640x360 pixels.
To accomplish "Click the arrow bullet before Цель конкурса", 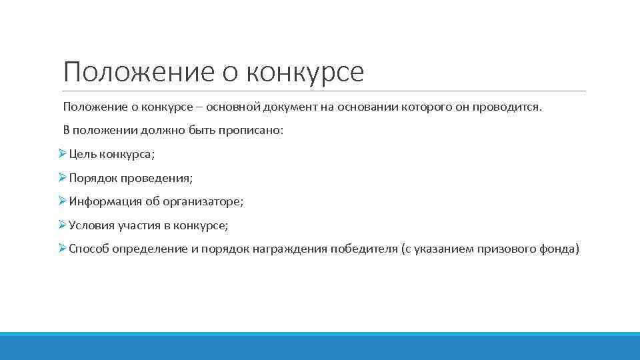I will tap(62, 154).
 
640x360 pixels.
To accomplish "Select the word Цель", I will tap(83, 154).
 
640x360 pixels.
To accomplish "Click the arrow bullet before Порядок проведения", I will tap(62, 178).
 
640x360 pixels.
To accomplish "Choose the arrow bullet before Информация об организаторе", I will tap(62, 201).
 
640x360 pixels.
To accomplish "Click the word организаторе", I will tap(208, 201).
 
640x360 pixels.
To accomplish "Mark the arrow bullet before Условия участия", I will tap(62, 225).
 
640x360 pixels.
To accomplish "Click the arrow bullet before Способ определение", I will tap(62, 249).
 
